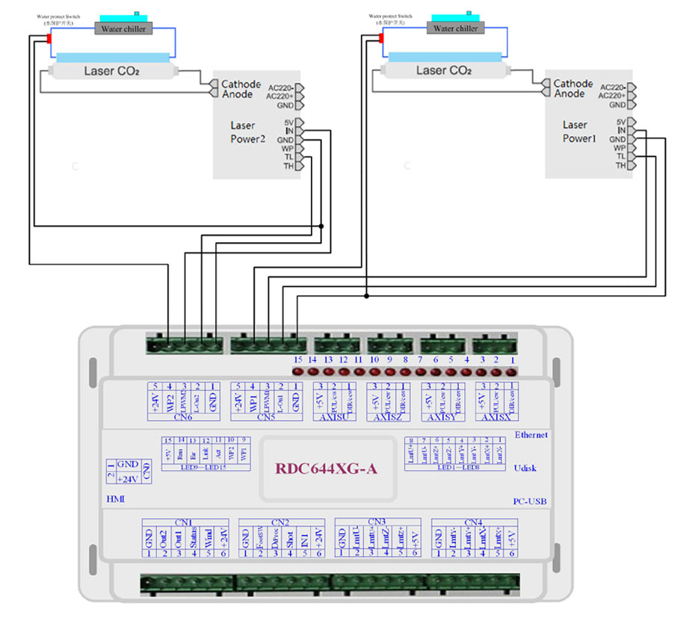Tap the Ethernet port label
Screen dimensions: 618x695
(x=531, y=435)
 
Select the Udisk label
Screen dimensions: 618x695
(x=527, y=468)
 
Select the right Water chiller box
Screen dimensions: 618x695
(x=455, y=28)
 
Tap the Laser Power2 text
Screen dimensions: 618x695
(x=247, y=132)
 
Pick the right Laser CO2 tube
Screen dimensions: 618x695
(x=445, y=71)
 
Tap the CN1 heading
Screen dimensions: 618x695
(x=184, y=522)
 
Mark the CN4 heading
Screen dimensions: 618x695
(x=474, y=522)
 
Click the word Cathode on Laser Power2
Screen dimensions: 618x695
(x=241, y=84)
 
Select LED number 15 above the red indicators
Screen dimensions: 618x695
(x=298, y=359)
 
